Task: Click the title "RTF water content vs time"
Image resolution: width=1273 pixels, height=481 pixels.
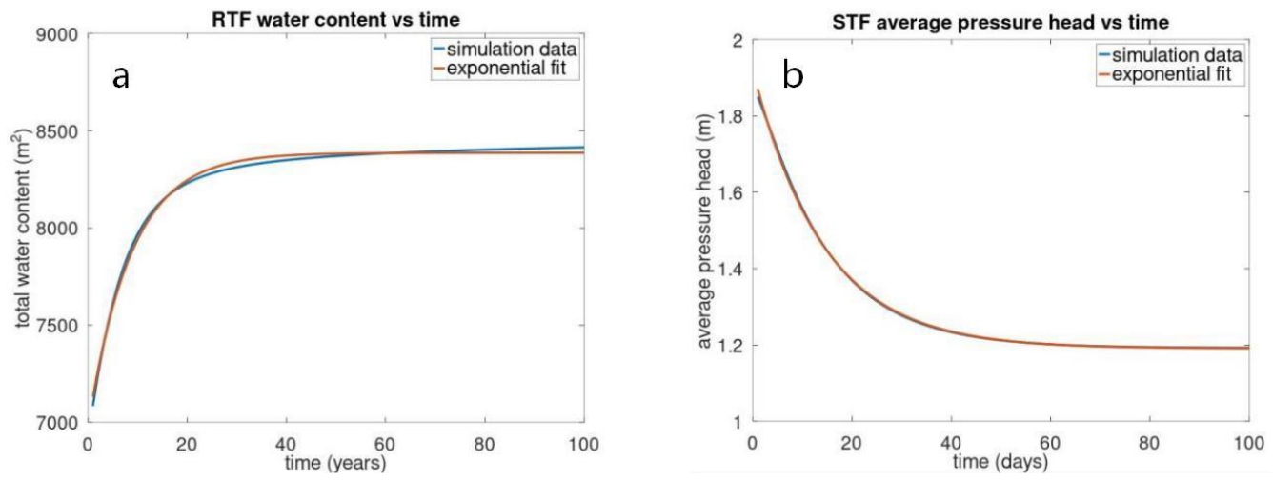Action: coord(335,20)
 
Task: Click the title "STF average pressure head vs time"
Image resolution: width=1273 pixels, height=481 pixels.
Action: coord(1000,22)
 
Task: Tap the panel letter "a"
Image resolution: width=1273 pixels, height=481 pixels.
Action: coord(120,76)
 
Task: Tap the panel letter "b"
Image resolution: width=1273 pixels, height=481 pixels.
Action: coord(793,74)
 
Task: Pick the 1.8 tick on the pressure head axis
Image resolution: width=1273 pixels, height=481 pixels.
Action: coord(729,116)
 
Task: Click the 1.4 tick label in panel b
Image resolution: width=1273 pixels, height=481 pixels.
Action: coord(729,269)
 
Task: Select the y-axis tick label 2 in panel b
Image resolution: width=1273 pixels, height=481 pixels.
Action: coord(738,40)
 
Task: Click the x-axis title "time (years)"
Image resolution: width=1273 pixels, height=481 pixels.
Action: coord(335,463)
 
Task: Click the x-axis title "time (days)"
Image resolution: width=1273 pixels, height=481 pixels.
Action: coord(1000,461)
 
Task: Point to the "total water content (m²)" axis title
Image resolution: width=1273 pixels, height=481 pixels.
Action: coord(22,229)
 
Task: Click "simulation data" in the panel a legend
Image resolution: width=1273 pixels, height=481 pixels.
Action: coord(512,50)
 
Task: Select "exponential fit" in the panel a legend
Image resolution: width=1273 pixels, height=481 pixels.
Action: coord(506,69)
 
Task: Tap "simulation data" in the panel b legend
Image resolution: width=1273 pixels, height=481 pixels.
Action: coord(1177,55)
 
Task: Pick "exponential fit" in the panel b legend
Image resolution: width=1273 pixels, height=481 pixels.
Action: coord(1172,74)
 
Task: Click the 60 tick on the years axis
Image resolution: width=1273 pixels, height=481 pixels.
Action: coord(385,444)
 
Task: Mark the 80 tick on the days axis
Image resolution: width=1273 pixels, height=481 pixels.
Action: coord(1149,442)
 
